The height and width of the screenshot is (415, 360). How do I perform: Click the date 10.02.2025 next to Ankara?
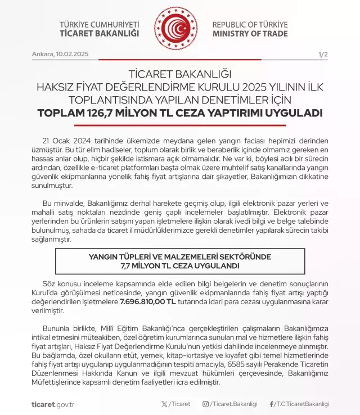pos(71,55)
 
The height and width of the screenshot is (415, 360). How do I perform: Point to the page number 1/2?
pos(323,55)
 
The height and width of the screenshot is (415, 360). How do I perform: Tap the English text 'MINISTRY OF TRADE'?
pos(250,34)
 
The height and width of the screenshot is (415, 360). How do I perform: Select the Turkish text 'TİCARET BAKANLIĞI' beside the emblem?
pos(99,34)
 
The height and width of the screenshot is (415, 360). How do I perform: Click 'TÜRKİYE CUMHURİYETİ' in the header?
pos(99,25)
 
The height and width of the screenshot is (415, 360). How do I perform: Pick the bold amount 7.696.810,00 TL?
pos(148,302)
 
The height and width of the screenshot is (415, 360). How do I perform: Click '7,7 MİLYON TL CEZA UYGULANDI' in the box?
pos(180,265)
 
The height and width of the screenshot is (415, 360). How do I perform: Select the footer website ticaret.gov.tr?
pos(53,404)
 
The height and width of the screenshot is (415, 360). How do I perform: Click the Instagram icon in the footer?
pos(206,404)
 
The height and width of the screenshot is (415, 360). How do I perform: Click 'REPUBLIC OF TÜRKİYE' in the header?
pos(250,25)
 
